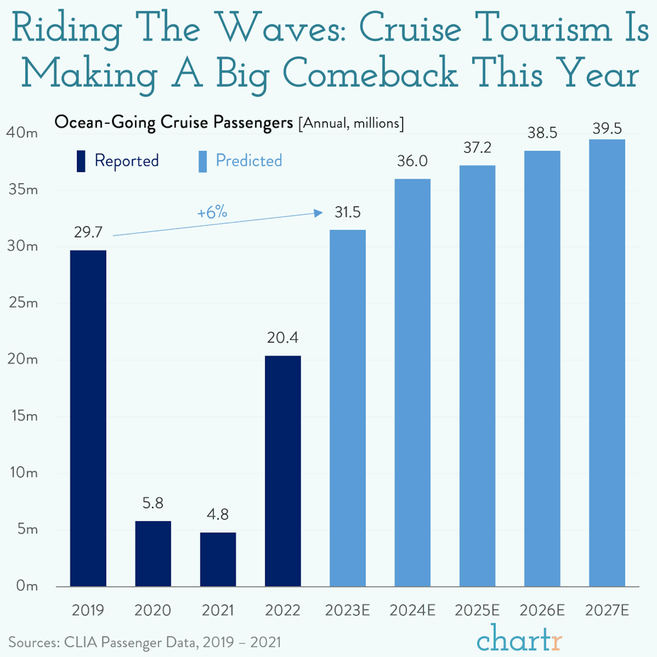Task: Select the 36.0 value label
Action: [412, 161]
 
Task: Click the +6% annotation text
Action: [212, 212]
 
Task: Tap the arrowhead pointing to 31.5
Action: [318, 213]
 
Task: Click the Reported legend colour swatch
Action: [81, 161]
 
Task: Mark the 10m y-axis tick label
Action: [23, 473]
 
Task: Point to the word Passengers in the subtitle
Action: [253, 123]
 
